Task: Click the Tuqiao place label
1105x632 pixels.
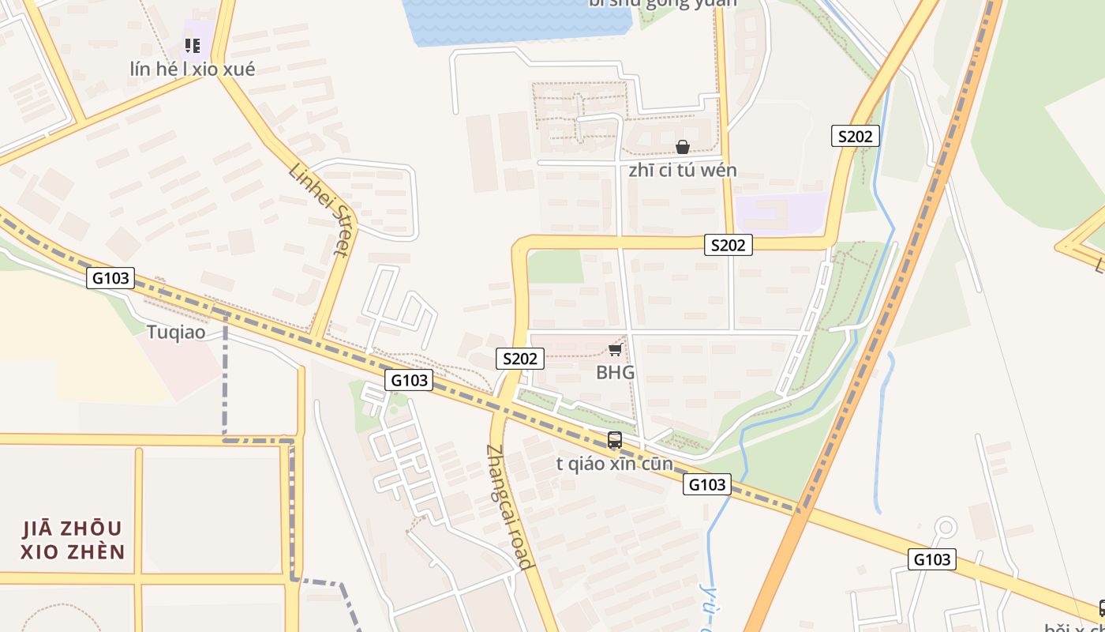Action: click(x=176, y=332)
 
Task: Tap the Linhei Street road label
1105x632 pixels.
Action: click(x=318, y=209)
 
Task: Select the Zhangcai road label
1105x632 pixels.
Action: click(x=509, y=506)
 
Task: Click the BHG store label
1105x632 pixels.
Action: click(x=615, y=372)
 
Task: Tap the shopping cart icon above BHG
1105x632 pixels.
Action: click(x=616, y=349)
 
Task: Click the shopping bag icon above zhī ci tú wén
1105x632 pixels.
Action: click(x=683, y=147)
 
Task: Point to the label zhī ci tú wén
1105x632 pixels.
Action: click(x=683, y=171)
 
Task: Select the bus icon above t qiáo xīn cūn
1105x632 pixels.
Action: click(x=615, y=440)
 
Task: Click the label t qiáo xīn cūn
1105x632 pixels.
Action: click(x=615, y=464)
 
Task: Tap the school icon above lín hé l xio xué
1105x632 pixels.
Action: click(x=193, y=46)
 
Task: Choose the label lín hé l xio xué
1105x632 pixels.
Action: click(x=193, y=70)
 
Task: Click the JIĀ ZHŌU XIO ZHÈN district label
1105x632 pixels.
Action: click(x=73, y=540)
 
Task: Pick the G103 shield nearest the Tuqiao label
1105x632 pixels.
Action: click(x=110, y=278)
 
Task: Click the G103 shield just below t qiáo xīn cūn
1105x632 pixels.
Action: click(x=706, y=484)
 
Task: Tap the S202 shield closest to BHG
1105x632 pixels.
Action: click(x=520, y=359)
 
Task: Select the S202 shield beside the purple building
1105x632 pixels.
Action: click(x=728, y=245)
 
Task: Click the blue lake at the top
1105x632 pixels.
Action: click(x=513, y=20)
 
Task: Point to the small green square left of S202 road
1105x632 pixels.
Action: click(x=555, y=266)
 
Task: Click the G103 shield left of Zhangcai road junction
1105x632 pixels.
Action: click(x=410, y=380)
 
